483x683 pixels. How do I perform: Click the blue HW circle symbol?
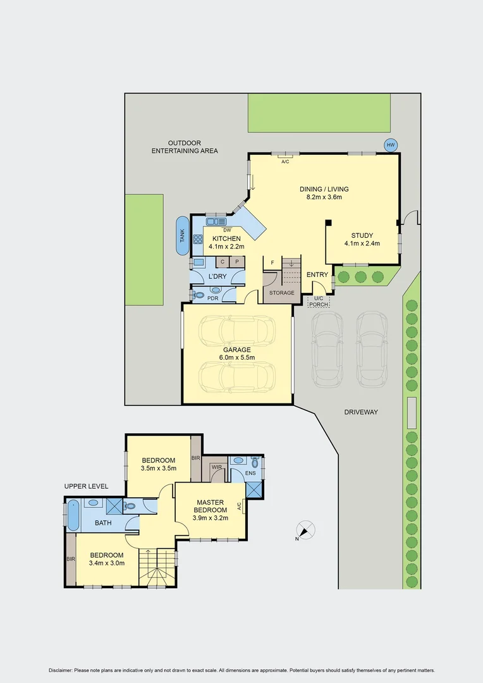pos(391,145)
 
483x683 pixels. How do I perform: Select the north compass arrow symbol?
pos(305,531)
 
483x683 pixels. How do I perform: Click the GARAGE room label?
pos(237,350)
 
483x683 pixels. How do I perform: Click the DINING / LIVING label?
pos(324,189)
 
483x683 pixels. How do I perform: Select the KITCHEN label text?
pos(226,238)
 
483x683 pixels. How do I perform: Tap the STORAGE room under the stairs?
pos(281,293)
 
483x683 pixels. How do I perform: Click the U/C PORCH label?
pos(317,302)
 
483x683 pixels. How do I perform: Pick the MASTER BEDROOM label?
pos(210,507)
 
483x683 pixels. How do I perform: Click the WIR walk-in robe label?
pos(216,467)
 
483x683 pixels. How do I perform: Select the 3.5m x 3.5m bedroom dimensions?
pos(158,469)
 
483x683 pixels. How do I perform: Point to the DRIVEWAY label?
pos(361,412)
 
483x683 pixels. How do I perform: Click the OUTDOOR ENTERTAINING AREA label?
pos(184,147)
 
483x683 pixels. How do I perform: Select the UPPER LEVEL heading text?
pos(86,486)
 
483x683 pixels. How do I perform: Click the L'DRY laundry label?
pos(217,278)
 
